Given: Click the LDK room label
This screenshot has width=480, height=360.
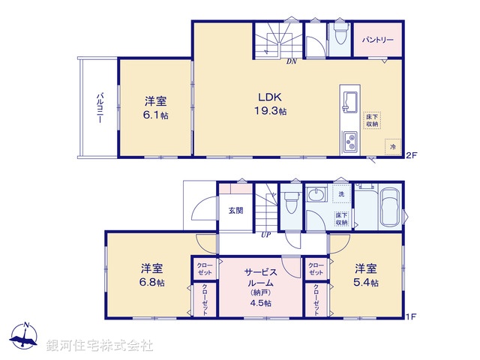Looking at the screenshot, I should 270,96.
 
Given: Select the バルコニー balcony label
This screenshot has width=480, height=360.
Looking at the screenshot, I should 99,109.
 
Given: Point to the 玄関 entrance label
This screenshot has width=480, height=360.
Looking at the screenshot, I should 235,211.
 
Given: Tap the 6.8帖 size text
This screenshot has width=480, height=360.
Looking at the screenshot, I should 153,283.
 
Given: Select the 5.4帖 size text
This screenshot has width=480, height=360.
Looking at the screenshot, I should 366,283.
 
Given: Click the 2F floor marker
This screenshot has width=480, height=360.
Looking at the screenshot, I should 411,155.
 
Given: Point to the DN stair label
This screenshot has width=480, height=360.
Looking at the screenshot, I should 291,61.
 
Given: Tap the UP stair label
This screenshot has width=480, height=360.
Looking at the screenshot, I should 265,235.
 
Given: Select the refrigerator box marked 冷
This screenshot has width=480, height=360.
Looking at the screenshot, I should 392,146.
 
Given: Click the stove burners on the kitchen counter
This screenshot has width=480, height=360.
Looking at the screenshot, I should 350,141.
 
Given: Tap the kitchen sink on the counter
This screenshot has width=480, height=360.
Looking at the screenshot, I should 349,100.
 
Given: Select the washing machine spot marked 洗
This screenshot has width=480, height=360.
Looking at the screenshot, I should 341,194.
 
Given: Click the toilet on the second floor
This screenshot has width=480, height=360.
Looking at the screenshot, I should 339,34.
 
